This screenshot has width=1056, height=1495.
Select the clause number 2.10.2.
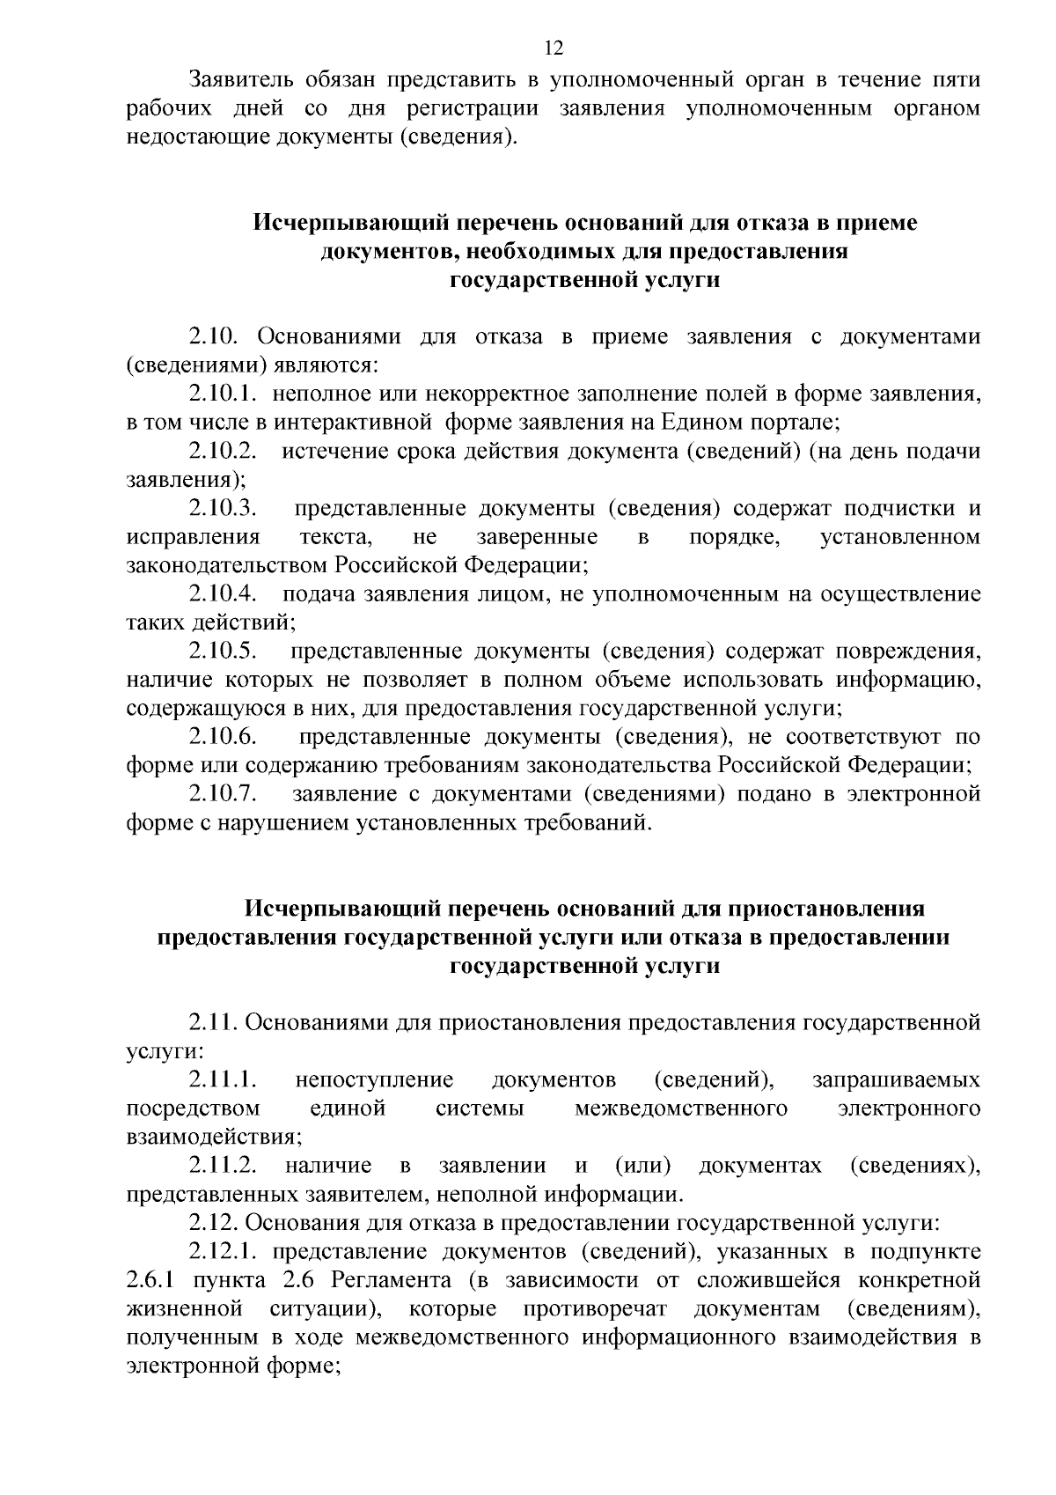pyautogui.click(x=223, y=452)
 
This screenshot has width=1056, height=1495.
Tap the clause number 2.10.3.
pyautogui.click(x=223, y=509)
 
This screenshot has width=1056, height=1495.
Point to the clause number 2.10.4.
pyautogui.click(x=223, y=594)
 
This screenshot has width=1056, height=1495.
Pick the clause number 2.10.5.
pyautogui.click(x=223, y=652)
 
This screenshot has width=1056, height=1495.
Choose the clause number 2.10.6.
pyautogui.click(x=223, y=737)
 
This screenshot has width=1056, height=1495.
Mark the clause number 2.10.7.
pyautogui.click(x=223, y=794)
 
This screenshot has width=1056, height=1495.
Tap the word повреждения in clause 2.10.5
pyautogui.click(x=907, y=652)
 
